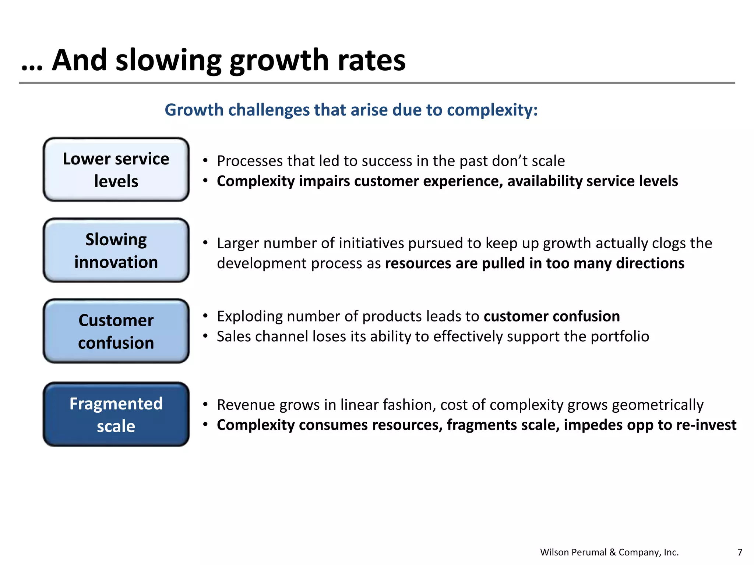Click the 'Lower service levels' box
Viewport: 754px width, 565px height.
(116, 170)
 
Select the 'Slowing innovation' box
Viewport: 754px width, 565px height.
(116, 250)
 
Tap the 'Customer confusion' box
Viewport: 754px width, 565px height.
(116, 331)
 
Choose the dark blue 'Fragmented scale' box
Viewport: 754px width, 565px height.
(116, 415)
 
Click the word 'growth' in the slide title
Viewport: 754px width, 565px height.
(279, 61)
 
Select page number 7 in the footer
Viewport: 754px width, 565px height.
(740, 552)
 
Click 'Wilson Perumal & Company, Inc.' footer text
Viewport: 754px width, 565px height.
(609, 552)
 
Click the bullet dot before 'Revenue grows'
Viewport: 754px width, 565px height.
(206, 405)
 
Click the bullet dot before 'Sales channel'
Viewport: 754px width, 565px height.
(206, 336)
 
